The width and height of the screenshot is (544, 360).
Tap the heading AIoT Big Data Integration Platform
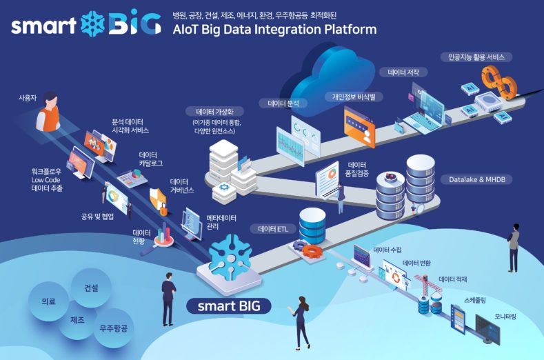(x=274, y=30)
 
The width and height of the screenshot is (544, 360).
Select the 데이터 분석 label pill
(x=283, y=104)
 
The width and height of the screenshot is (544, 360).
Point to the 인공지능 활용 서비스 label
(x=476, y=57)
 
